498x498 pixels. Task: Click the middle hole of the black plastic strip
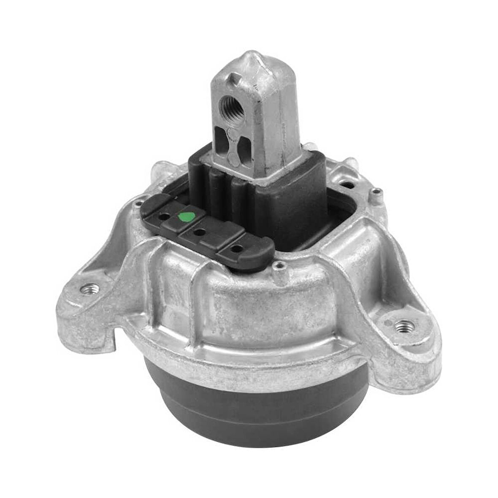click(200, 232)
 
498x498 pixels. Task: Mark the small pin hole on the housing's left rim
click(138, 204)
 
